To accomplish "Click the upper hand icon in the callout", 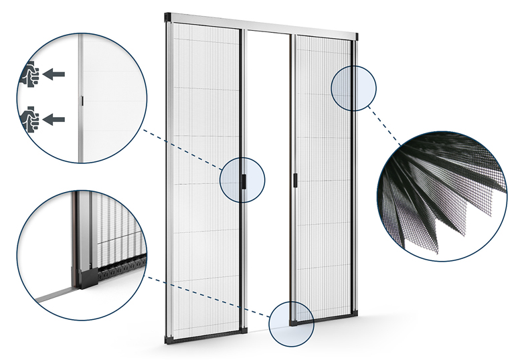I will [x=30, y=74].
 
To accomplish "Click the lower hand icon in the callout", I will [x=30, y=118].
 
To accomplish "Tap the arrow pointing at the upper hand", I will [x=58, y=74].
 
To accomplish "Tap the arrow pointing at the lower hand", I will [x=58, y=119].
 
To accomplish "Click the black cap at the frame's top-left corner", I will [x=168, y=15].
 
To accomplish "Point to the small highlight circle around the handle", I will [x=242, y=179].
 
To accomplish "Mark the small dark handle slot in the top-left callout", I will [x=81, y=100].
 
